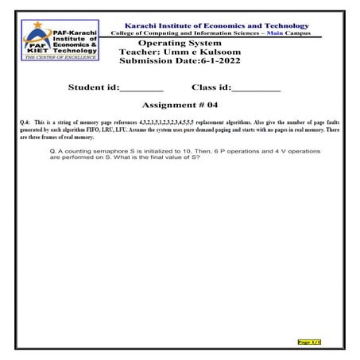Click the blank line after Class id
pos(256,87)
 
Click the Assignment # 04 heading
pos(180,104)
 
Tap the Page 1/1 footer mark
pos(309,343)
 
